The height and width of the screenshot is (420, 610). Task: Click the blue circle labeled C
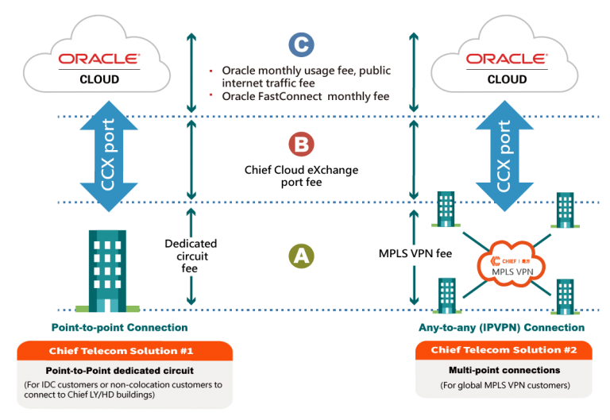[301, 44]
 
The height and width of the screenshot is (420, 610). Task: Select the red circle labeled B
[301, 144]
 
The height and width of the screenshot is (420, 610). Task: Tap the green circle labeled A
[300, 256]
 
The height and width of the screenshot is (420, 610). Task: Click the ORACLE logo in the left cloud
[99, 60]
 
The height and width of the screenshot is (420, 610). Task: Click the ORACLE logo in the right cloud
[507, 60]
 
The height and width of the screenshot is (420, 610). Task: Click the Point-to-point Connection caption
[119, 327]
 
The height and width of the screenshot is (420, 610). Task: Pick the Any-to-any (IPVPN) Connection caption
[501, 327]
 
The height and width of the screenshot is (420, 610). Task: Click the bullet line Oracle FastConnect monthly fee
[306, 96]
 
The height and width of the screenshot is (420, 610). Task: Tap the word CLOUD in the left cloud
[99, 79]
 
